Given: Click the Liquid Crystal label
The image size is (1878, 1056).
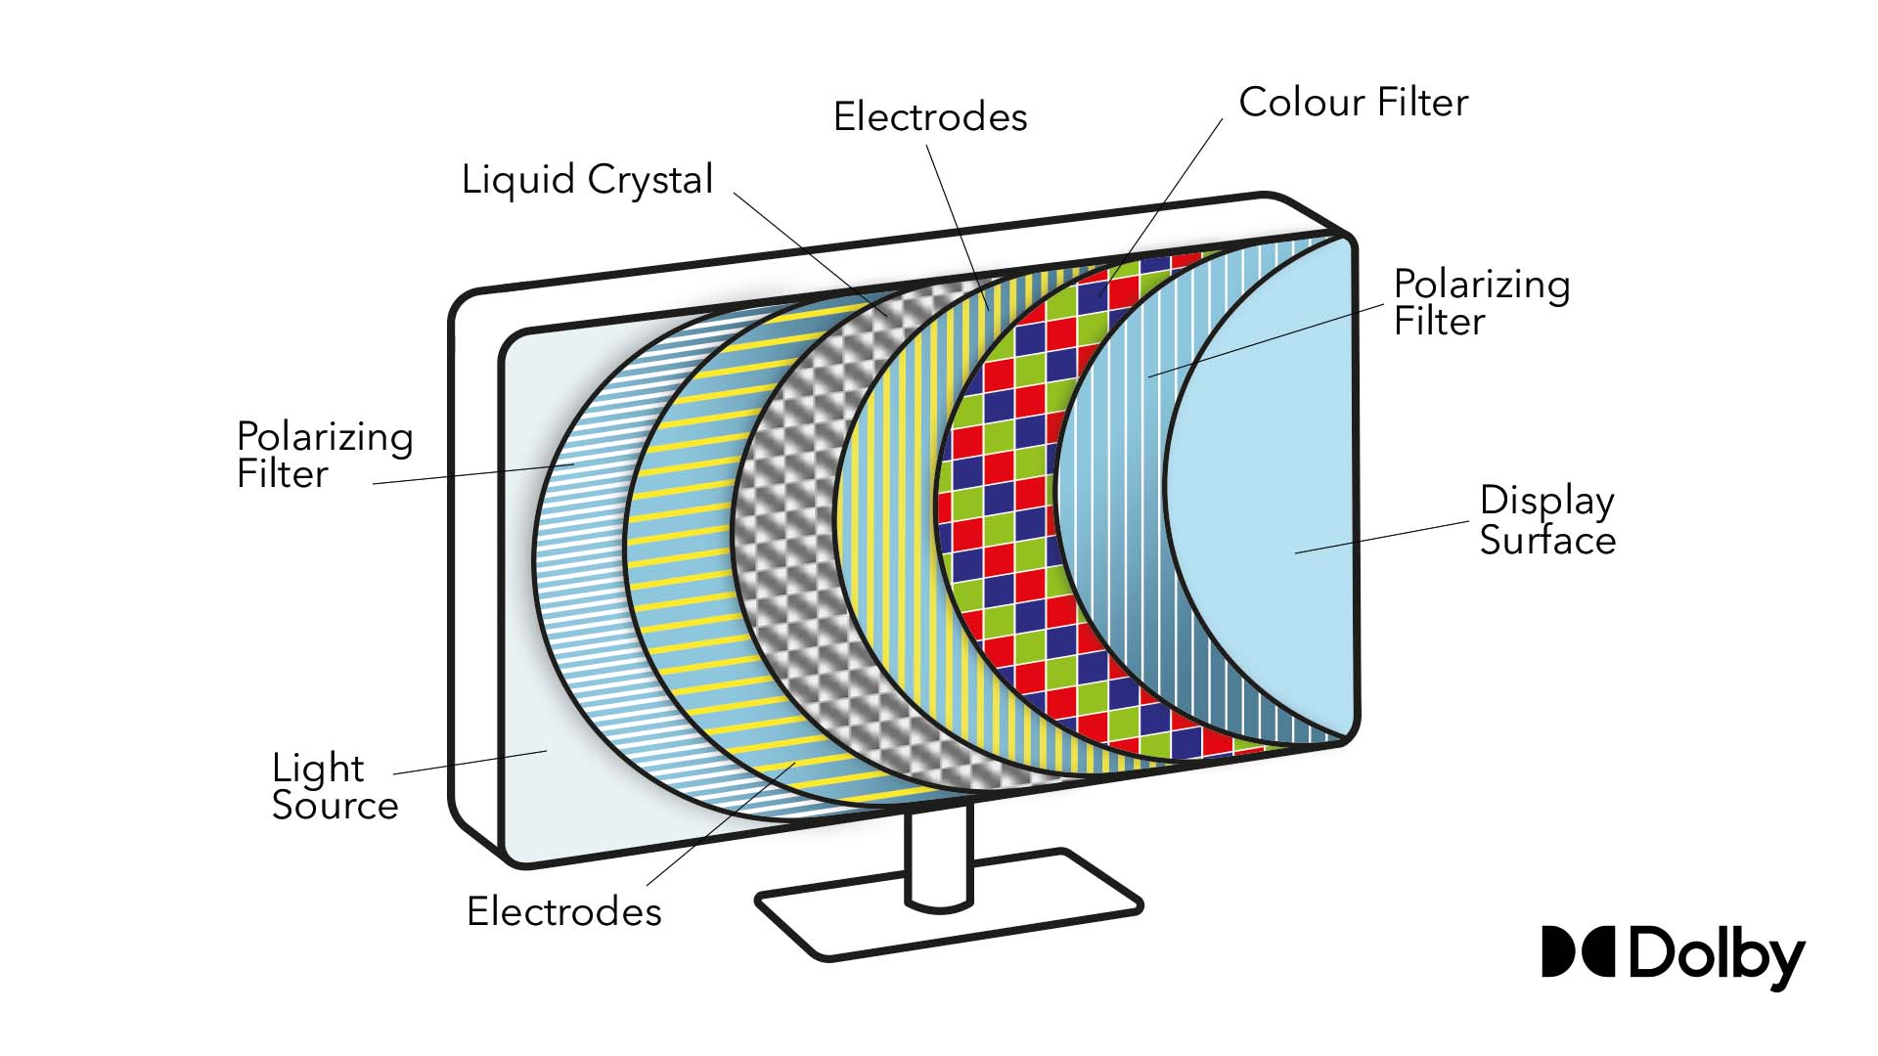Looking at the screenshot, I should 587,181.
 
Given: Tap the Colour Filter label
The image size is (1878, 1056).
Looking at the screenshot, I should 1353,103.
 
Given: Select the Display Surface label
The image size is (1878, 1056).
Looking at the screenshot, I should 1546,520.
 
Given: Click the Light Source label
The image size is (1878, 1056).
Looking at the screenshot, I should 335,786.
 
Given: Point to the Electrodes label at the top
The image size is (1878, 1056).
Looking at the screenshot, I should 929,117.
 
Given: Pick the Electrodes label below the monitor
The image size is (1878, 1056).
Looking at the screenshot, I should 563,911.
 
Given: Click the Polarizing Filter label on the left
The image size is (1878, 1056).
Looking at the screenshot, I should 324,455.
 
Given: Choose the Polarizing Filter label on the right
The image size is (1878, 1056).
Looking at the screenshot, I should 1481,302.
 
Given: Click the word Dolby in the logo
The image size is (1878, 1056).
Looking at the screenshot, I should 1717,955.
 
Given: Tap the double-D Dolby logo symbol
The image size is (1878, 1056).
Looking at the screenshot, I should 1577,951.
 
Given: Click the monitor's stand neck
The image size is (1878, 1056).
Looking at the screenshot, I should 938,856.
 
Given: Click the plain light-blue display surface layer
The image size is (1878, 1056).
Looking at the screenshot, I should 1262,489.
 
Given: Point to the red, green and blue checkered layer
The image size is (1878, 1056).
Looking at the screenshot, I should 1007,489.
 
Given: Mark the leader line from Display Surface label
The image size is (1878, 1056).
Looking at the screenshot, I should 1381,538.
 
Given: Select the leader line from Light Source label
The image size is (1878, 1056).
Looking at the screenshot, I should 469,763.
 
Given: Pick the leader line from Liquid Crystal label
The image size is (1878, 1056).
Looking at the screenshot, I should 812,254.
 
